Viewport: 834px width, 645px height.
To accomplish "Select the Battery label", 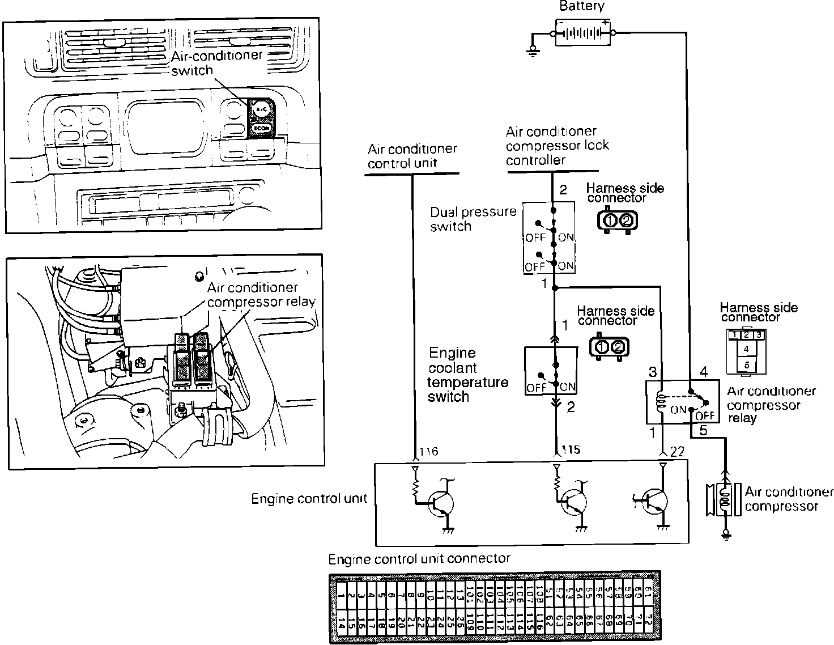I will click(x=582, y=7).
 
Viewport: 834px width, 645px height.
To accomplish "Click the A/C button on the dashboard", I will click(x=261, y=107).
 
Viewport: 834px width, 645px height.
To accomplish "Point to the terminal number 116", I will click(x=429, y=452).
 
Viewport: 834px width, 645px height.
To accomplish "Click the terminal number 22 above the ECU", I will click(x=677, y=452).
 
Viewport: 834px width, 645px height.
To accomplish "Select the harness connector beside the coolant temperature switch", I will click(x=610, y=347).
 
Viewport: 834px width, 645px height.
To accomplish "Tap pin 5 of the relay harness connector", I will click(x=746, y=365).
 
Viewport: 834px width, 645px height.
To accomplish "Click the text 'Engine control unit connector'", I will click(x=419, y=559).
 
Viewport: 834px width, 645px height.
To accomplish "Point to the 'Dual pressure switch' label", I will click(x=473, y=219).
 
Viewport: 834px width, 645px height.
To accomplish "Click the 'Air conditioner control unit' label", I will click(x=412, y=156).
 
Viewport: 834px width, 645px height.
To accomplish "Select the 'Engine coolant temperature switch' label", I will click(x=468, y=375).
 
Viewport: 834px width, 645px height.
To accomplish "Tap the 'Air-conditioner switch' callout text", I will click(x=216, y=62).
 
